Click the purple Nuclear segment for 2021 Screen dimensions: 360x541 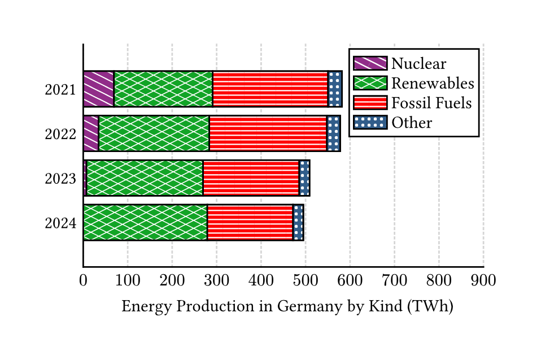point(98,89)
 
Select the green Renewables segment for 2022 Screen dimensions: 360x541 point(154,133)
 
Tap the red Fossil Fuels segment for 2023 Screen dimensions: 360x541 point(250,178)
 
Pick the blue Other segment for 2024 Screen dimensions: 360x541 point(298,223)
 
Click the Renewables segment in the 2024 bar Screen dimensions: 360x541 point(145,223)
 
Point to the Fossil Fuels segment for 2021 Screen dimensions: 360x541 point(270,89)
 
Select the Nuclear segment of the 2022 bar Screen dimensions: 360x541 point(91,133)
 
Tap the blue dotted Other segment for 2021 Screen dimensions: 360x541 point(335,89)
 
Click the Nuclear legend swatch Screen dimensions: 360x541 point(370,63)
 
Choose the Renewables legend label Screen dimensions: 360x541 point(433,84)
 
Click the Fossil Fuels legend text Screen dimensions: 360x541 point(431,103)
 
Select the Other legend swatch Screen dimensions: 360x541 point(370,123)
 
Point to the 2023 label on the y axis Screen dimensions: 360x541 point(60,179)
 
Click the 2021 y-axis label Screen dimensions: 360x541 point(60,90)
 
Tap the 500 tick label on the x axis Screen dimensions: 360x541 point(306,280)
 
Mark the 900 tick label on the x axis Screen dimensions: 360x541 point(483,280)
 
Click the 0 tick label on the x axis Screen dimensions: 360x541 point(83,280)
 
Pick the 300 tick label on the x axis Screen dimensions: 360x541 point(216,280)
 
